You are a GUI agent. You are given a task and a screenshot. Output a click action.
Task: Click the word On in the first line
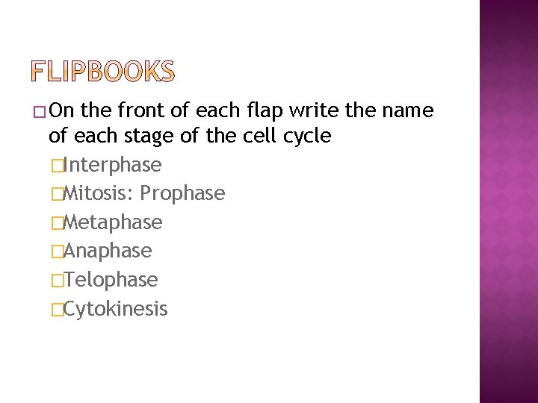tap(64, 111)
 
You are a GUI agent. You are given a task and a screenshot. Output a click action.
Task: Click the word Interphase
tap(113, 164)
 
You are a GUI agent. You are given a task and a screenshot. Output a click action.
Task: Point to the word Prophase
tap(182, 193)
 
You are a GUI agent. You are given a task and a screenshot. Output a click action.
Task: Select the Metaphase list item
tap(113, 222)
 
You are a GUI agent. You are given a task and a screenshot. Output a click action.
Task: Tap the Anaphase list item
tap(108, 251)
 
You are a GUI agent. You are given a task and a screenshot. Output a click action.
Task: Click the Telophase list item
tap(111, 280)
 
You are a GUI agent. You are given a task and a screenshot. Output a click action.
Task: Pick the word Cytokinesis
tap(116, 309)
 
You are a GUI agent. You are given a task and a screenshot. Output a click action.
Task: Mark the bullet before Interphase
tap(55, 165)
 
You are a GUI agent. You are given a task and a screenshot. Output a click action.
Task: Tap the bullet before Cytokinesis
tap(55, 310)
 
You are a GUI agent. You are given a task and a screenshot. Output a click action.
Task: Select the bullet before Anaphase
tap(55, 252)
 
